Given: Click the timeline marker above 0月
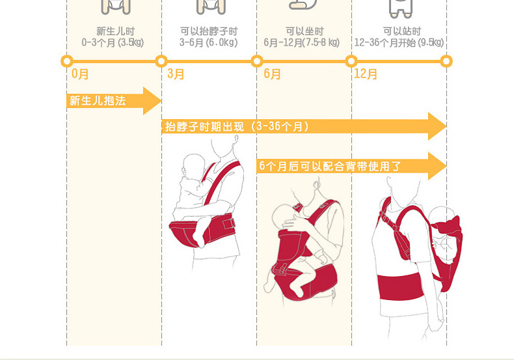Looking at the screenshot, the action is click(66, 61).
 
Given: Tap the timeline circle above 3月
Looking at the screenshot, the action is click(161, 61).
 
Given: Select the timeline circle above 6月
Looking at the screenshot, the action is click(256, 61).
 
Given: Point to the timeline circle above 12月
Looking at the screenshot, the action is click(351, 61).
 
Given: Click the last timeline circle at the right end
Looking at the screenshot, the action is click(446, 61).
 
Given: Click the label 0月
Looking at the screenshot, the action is click(81, 74).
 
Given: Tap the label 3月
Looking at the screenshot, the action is click(176, 74).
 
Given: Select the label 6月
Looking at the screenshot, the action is click(272, 74).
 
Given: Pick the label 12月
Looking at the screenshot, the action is click(366, 74).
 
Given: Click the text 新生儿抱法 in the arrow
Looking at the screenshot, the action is click(98, 101).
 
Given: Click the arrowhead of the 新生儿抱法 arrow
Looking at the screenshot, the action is click(153, 101).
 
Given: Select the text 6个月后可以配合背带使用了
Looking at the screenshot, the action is click(330, 167).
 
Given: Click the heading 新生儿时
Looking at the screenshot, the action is click(115, 31).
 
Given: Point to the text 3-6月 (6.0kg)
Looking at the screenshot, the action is click(209, 43).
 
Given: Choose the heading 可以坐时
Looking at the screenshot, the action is click(304, 31).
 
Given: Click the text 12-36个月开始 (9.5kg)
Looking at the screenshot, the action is click(399, 43).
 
